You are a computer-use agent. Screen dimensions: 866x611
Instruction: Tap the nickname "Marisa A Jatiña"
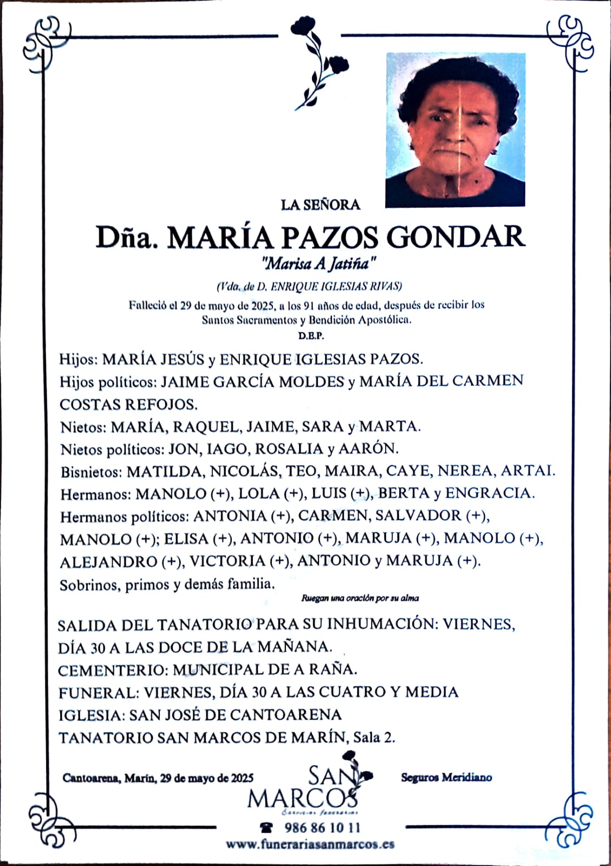point(318,264)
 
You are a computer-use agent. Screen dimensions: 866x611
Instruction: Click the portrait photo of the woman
point(455,129)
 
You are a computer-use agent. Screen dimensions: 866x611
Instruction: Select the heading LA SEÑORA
point(321,205)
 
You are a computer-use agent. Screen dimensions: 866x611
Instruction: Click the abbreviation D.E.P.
point(310,336)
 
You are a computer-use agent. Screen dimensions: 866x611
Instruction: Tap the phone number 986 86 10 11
point(322,828)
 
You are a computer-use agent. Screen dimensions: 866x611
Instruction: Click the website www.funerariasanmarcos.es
point(310,844)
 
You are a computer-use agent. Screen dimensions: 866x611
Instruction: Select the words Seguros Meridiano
point(446,777)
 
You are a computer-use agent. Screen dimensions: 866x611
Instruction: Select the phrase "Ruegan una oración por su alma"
point(360,598)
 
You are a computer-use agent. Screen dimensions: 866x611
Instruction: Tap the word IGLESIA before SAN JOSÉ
point(91,714)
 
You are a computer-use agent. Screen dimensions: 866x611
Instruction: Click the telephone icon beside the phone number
point(266,828)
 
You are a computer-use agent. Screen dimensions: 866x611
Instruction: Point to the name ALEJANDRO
point(108,561)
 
